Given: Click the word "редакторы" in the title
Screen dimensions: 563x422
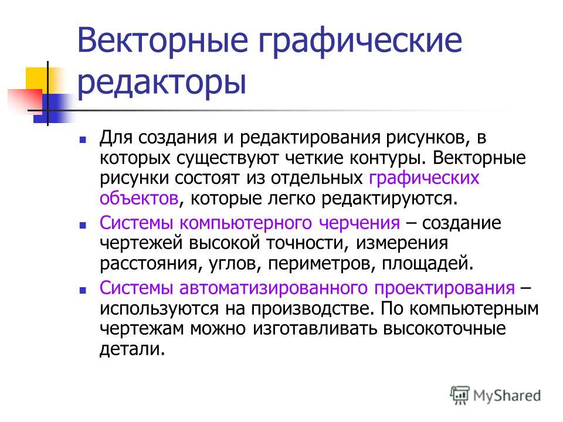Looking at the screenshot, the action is [x=162, y=83].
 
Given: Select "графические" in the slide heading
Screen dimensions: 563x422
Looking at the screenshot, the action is [x=360, y=40].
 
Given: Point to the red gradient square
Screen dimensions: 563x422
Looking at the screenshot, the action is [x=25, y=100].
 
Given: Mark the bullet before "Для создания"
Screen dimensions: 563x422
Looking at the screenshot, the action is [x=83, y=139].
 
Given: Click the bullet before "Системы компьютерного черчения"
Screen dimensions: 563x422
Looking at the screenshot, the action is [x=83, y=225].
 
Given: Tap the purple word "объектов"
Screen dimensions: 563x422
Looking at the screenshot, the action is [x=139, y=198].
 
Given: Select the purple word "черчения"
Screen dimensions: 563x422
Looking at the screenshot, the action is [x=359, y=223].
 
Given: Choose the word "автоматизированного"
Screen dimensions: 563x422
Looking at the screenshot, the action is [x=274, y=288].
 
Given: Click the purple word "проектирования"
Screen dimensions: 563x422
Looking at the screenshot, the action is [x=445, y=288].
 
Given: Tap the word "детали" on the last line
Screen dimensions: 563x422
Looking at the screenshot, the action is [x=132, y=349].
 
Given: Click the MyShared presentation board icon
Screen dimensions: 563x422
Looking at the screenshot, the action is [x=460, y=395].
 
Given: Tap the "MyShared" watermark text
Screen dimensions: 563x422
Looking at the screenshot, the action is [x=507, y=396].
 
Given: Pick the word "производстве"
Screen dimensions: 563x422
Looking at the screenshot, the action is [x=313, y=309].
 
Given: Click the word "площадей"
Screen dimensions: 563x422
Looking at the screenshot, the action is [x=428, y=264].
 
